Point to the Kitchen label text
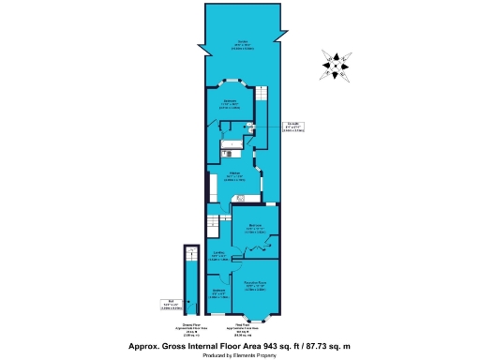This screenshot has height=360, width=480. click(236, 175)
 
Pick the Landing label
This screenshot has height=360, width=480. click(217, 257)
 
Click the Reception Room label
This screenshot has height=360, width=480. click(256, 285)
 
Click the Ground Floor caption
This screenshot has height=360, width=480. click(190, 330)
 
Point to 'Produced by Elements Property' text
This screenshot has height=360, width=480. click(240, 355)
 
